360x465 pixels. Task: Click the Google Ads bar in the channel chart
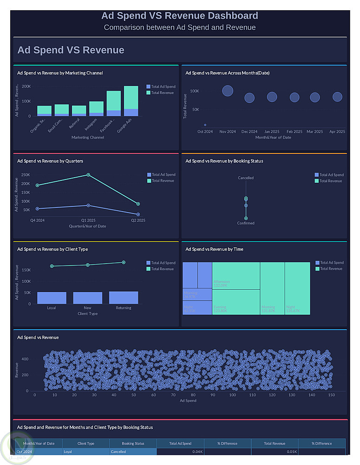pyautogui.click(x=131, y=101)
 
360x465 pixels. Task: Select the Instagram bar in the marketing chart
pyautogui.click(x=96, y=108)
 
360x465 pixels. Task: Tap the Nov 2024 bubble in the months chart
pyautogui.click(x=228, y=91)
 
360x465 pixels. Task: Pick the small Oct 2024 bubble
pyautogui.click(x=205, y=125)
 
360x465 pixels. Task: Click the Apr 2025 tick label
pyautogui.click(x=337, y=132)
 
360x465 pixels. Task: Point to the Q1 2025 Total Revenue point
pyautogui.click(x=88, y=175)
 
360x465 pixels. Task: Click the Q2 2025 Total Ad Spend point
pyautogui.click(x=138, y=214)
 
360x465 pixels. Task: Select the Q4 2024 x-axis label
pyautogui.click(x=38, y=220)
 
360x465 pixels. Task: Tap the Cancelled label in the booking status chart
pyautogui.click(x=246, y=178)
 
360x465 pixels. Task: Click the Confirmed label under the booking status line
pyautogui.click(x=246, y=223)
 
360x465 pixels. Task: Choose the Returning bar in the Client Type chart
pyautogui.click(x=124, y=298)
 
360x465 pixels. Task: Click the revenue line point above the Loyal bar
pyautogui.click(x=52, y=266)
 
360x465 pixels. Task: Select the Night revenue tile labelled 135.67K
pyautogui.click(x=297, y=288)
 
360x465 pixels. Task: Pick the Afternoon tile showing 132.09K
pyautogui.click(x=236, y=276)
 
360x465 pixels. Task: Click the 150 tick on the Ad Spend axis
pyautogui.click(x=331, y=395)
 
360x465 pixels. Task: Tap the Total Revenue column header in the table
pyautogui.click(x=275, y=444)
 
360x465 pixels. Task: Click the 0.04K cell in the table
pyautogui.click(x=180, y=452)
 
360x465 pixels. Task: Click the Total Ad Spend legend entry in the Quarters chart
pyautogui.click(x=161, y=175)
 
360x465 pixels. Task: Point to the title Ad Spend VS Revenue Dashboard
pyautogui.click(x=180, y=16)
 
